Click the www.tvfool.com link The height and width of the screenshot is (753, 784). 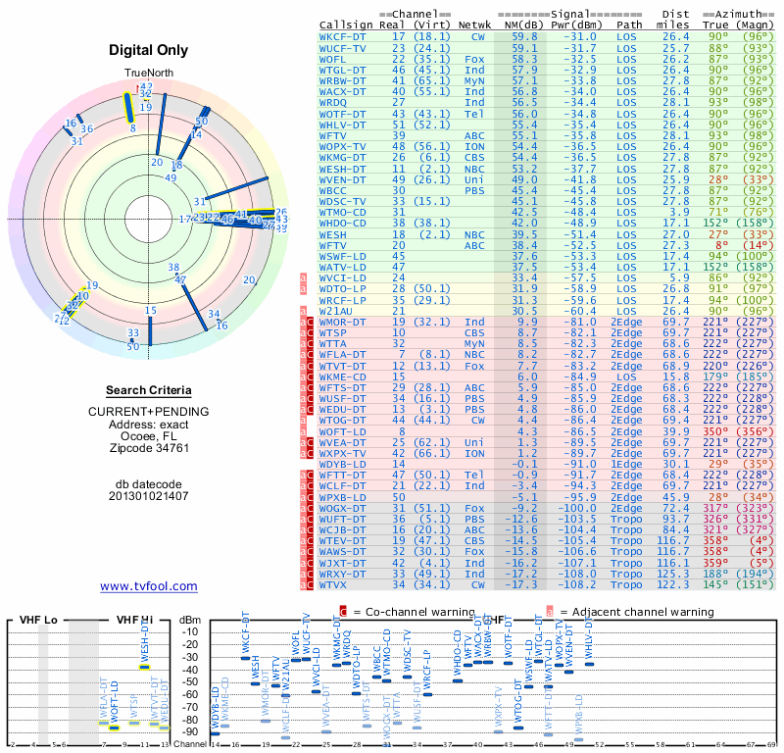tap(148, 586)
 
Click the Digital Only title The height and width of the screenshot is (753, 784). tap(148, 50)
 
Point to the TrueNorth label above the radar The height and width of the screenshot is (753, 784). tap(148, 74)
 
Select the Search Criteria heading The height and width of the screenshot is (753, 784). tap(148, 390)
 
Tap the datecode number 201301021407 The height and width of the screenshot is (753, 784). tap(148, 495)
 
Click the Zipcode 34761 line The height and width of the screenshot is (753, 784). tap(148, 448)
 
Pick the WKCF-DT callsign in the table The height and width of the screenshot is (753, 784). tap(343, 36)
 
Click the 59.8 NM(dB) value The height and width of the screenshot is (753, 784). tap(524, 36)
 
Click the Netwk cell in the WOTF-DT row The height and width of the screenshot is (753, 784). tap(474, 113)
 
